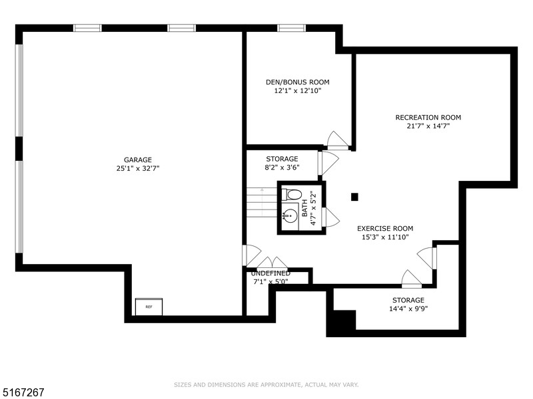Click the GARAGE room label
[x=137, y=160]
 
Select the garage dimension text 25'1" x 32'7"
[x=137, y=168]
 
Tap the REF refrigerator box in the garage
[x=149, y=307]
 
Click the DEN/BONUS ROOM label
[x=297, y=82]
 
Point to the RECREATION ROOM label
[x=428, y=118]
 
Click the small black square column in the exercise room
[x=354, y=196]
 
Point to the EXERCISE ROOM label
[x=385, y=228]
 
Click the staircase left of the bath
[x=261, y=202]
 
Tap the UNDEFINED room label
[x=270, y=273]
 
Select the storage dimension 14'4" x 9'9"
[x=408, y=308]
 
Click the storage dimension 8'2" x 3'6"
[x=282, y=168]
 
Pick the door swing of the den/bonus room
[x=337, y=140]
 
